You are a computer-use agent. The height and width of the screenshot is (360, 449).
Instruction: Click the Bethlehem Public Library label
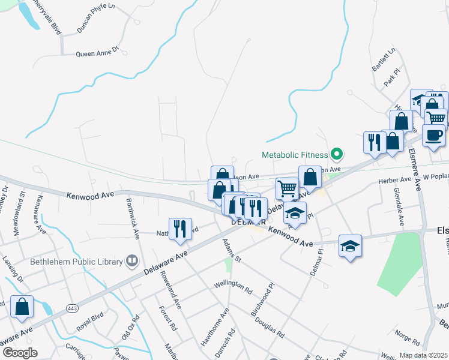click(x=76, y=261)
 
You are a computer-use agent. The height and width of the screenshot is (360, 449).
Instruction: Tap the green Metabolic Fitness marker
click(x=336, y=154)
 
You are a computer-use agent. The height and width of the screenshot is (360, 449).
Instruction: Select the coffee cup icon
click(x=433, y=135)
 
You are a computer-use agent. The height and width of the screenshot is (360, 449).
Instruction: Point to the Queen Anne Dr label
click(x=97, y=53)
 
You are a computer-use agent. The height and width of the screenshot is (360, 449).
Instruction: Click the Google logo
click(x=20, y=352)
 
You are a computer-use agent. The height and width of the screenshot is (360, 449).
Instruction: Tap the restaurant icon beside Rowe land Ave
click(x=180, y=229)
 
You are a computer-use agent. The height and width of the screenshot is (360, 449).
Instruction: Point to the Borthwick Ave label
click(x=133, y=215)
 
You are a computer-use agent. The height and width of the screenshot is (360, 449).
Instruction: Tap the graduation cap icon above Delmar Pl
click(x=350, y=245)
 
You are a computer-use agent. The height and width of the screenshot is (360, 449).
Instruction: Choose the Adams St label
click(x=231, y=251)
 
